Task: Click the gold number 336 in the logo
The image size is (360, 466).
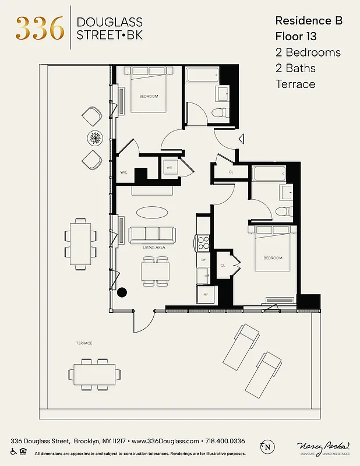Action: (40, 28)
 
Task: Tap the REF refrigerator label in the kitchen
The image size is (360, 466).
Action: (205, 295)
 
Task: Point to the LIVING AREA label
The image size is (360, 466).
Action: (154, 248)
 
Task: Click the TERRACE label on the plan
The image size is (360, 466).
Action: (84, 343)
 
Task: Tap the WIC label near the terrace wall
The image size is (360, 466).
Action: (124, 172)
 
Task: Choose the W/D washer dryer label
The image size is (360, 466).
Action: (170, 168)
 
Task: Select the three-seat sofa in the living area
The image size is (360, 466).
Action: (152, 234)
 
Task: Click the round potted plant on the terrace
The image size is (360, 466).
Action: (95, 137)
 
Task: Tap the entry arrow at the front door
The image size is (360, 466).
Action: (241, 139)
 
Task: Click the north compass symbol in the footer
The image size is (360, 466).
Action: (267, 447)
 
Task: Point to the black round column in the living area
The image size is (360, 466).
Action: (122, 292)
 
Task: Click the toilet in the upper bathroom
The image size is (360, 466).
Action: (219, 114)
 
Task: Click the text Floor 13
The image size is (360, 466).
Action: (295, 36)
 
